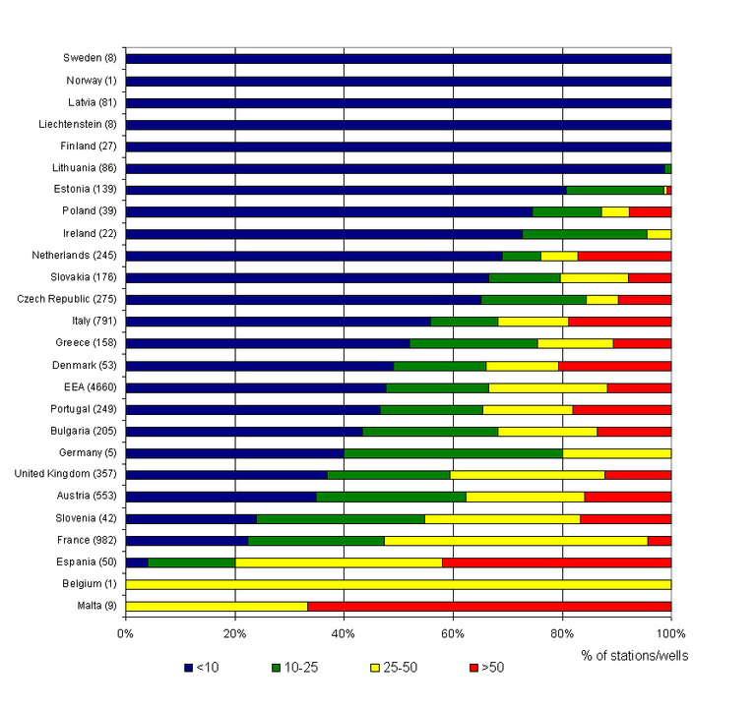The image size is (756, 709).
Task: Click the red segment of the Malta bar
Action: click(489, 605)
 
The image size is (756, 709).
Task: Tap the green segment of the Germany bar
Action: click(453, 453)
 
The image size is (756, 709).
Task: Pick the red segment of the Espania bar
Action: click(556, 561)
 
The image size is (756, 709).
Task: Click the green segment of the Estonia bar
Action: click(615, 189)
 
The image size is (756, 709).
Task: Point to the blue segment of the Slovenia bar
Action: click(191, 518)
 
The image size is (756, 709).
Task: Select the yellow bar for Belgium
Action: click(398, 583)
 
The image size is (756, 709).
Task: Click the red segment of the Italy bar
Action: click(619, 320)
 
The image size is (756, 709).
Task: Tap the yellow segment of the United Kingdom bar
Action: click(527, 475)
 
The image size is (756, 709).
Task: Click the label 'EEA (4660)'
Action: click(85, 386)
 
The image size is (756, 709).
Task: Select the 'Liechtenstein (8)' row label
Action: click(73, 124)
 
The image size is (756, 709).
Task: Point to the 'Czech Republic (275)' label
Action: click(67, 299)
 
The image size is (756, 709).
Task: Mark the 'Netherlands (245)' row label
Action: click(74, 255)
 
